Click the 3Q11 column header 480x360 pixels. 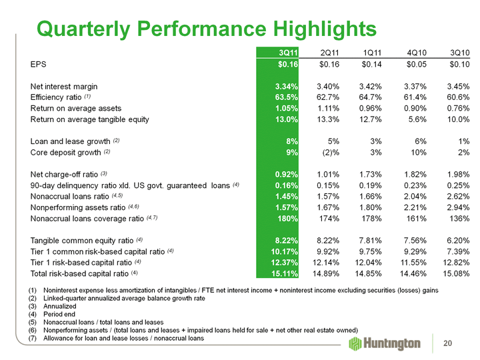click(x=287, y=53)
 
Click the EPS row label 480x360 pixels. click(x=39, y=65)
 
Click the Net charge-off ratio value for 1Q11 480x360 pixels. click(x=369, y=175)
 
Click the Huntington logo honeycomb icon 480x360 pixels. click(x=356, y=343)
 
